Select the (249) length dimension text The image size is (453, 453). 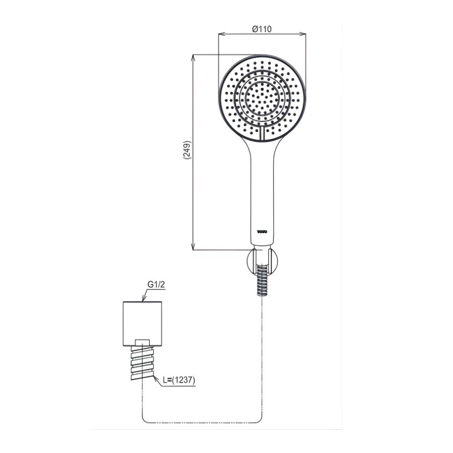tap(187, 150)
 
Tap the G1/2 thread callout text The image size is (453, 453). tap(157, 285)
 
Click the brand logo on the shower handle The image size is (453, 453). tap(262, 232)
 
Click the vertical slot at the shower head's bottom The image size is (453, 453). tap(262, 134)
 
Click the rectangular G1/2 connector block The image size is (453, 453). tap(143, 323)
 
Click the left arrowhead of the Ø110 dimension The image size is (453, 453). tap(220, 35)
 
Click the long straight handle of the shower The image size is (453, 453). tap(261, 191)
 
